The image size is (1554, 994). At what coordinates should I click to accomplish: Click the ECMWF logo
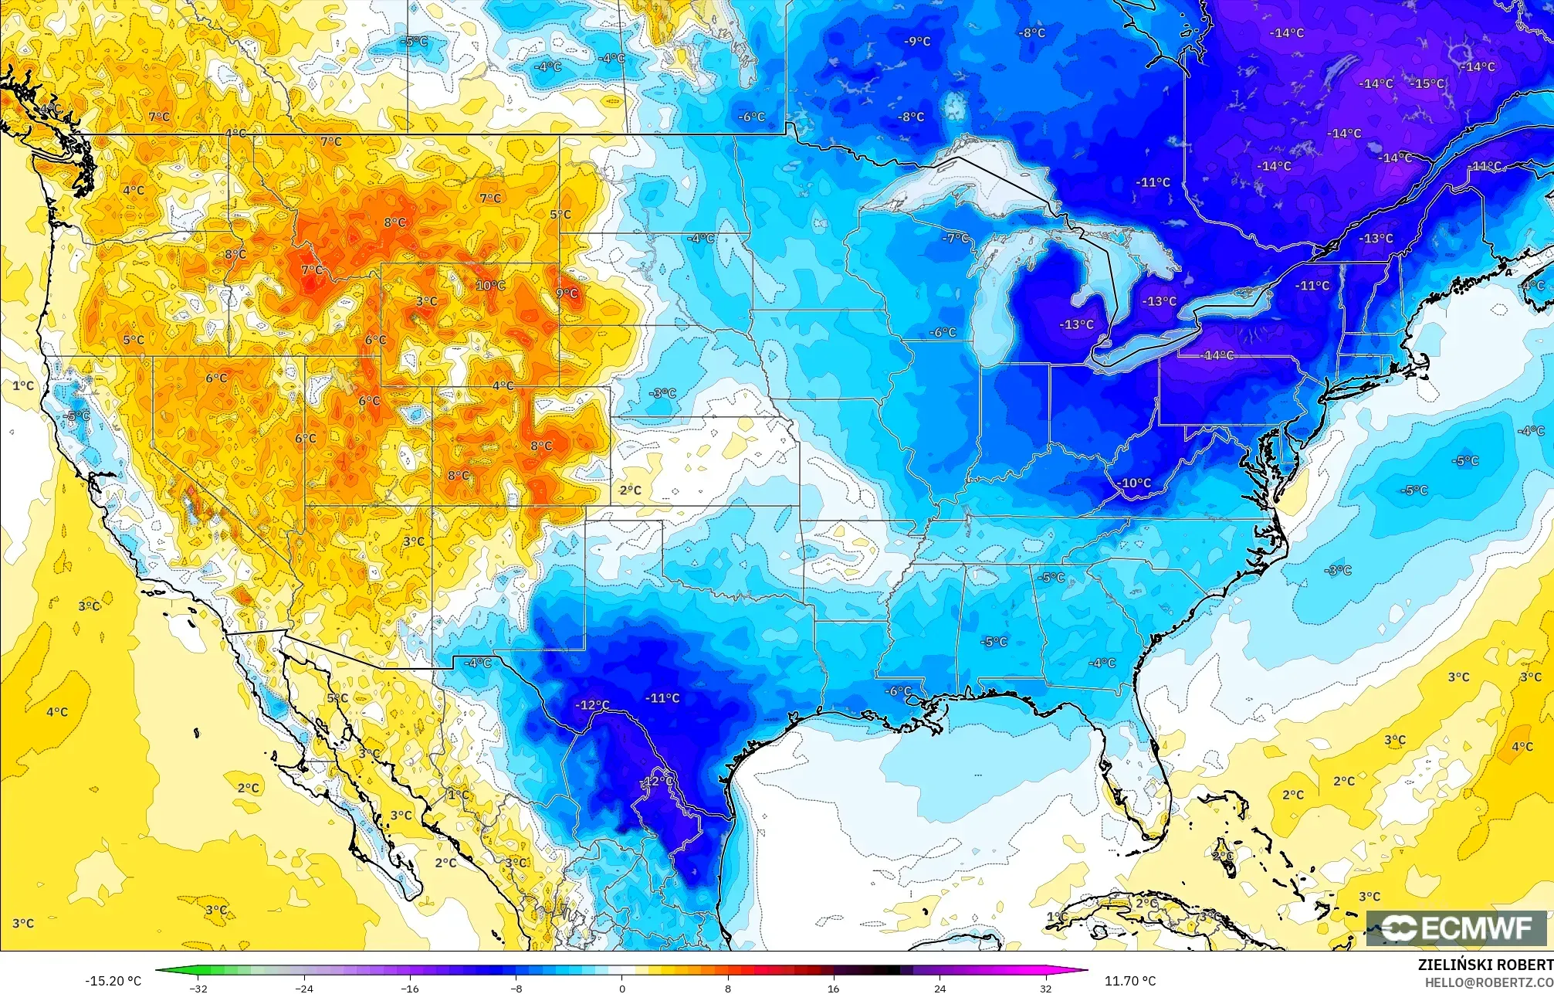pos(1458,928)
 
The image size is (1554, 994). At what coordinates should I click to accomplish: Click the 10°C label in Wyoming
pos(490,286)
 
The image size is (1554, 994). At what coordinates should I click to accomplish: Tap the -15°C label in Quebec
pos(1427,83)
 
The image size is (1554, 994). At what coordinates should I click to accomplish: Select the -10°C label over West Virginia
pos(1134,483)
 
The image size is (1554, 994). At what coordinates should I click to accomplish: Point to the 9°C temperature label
pos(567,293)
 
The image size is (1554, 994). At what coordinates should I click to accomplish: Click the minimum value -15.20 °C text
pos(113,981)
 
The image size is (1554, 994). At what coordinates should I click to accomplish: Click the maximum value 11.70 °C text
pos(1129,981)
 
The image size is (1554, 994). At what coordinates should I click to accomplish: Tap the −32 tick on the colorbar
pos(199,988)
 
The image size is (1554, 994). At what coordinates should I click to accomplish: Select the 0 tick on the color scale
pos(621,988)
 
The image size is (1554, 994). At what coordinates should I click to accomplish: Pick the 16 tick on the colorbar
pos(833,988)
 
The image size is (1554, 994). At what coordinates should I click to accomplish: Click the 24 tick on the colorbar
pos(940,988)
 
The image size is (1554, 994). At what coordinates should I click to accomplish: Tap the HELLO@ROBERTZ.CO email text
pos(1488,982)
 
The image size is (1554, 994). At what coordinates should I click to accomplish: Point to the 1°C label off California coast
pos(23,385)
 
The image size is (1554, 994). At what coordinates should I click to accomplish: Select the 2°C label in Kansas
pos(630,490)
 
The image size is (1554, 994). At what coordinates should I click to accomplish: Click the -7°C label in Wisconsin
pos(955,238)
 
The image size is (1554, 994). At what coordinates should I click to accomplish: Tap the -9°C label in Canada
pos(917,41)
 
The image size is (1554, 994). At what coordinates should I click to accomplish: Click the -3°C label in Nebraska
pos(662,393)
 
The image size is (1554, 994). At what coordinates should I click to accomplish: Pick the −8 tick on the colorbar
pos(516,988)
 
